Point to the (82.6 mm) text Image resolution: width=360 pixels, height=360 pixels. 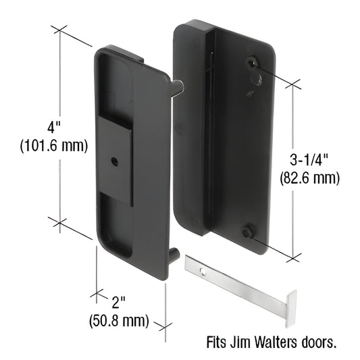(x=309, y=178)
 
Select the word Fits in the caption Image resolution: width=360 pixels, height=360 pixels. (x=215, y=342)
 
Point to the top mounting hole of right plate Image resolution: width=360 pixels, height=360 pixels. (x=253, y=62)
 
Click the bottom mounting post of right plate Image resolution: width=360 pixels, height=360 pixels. (x=249, y=231)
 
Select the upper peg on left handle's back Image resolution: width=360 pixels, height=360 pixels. (x=177, y=86)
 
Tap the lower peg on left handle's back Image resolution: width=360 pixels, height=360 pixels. (x=175, y=255)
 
